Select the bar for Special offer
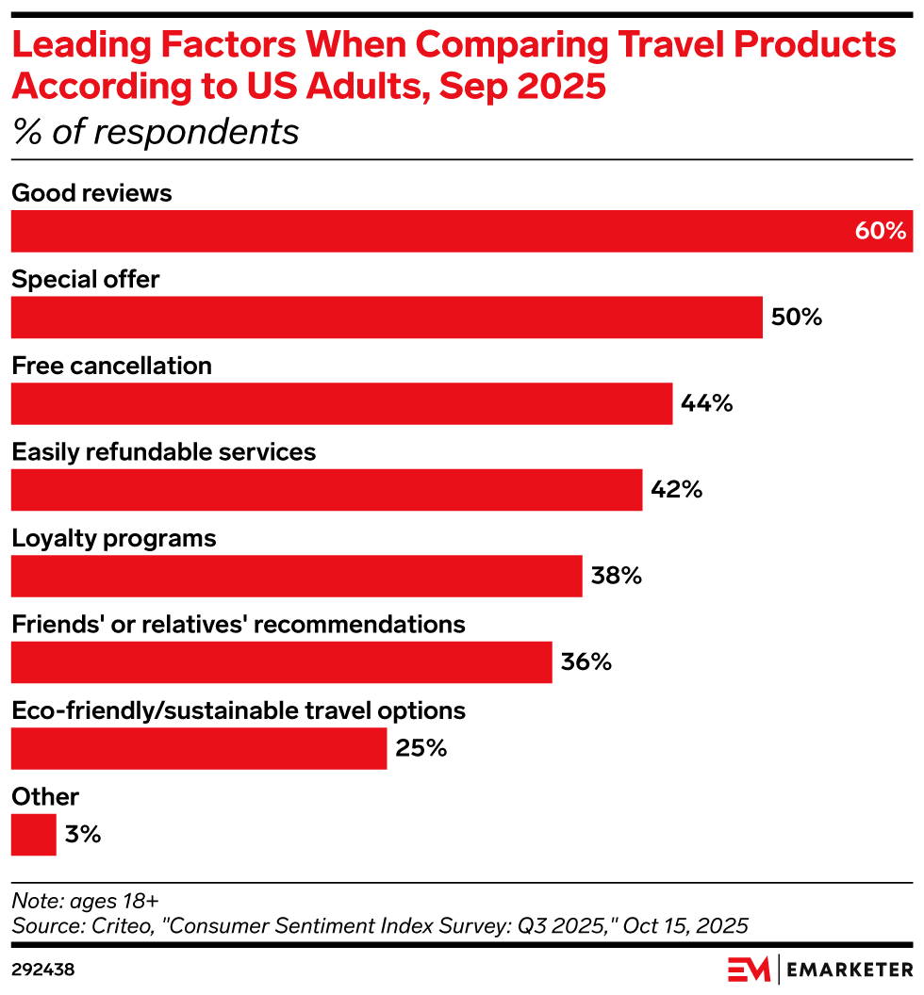pyautogui.click(x=387, y=318)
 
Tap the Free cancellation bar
pyautogui.click(x=341, y=403)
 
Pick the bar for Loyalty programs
pyautogui.click(x=296, y=576)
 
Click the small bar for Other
pyautogui.click(x=34, y=835)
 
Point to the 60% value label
pyautogui.click(x=880, y=231)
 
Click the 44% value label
pyautogui.click(x=707, y=403)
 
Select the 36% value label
pyautogui.click(x=586, y=662)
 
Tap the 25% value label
pyautogui.click(x=421, y=749)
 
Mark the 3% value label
pyautogui.click(x=83, y=835)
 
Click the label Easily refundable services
pyautogui.click(x=163, y=452)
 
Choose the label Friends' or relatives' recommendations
pyautogui.click(x=238, y=625)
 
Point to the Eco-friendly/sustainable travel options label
pyautogui.click(x=239, y=710)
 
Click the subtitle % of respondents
pyautogui.click(x=156, y=133)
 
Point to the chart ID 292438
pyautogui.click(x=42, y=969)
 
